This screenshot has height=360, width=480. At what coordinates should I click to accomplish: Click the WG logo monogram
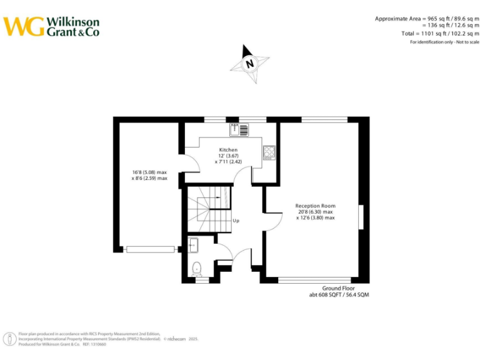pos(24,26)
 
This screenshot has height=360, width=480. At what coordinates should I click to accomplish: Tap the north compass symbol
pos(250,63)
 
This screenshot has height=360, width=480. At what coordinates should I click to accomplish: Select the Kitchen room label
pos(228,150)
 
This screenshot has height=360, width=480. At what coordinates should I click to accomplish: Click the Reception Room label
pos(315,206)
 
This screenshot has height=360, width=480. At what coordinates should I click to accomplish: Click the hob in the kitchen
pos(269,152)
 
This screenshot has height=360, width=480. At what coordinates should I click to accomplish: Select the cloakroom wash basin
pos(194,244)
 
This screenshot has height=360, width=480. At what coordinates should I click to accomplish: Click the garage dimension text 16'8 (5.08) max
pos(149,172)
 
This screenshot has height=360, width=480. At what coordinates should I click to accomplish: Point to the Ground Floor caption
pos(339,288)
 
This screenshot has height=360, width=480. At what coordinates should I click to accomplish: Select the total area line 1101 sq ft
pos(440,33)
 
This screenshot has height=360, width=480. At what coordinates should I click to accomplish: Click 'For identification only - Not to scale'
pos(444,42)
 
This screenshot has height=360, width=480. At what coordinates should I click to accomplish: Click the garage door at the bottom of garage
pos(150,249)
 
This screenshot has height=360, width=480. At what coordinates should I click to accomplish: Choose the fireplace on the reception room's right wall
pos(360,217)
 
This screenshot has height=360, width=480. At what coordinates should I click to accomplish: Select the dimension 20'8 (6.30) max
pos(316,212)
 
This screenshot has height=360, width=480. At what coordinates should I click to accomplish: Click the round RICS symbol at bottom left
pos(11,339)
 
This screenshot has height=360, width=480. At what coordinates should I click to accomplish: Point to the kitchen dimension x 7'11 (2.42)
pos(228,162)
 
